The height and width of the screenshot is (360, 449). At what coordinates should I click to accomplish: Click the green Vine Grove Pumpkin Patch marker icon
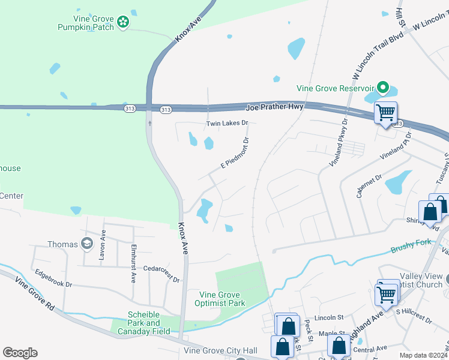pyautogui.click(x=123, y=22)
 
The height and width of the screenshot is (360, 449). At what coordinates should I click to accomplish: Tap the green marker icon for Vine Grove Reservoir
pyautogui.click(x=381, y=88)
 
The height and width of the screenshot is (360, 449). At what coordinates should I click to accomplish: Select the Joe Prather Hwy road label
pyautogui.click(x=275, y=107)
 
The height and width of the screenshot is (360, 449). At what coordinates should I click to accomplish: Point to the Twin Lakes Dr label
pyautogui.click(x=227, y=123)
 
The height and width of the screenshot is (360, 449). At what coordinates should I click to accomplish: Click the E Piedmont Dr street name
pyautogui.click(x=235, y=154)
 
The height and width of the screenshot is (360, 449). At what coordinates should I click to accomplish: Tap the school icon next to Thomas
pyautogui.click(x=87, y=244)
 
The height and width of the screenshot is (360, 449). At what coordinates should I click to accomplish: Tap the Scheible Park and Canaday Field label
pyautogui.click(x=148, y=323)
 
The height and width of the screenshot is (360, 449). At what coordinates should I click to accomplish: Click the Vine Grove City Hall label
pyautogui.click(x=220, y=350)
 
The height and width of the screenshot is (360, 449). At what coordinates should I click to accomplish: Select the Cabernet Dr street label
pyautogui.click(x=369, y=186)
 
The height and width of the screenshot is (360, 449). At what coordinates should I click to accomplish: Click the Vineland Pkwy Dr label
pyautogui.click(x=339, y=143)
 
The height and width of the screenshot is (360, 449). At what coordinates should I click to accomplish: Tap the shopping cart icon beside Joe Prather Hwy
pyautogui.click(x=385, y=112)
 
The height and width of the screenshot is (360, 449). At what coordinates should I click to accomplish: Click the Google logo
pyautogui.click(x=20, y=353)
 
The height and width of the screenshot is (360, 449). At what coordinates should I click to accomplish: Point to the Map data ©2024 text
pyautogui.click(x=424, y=355)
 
